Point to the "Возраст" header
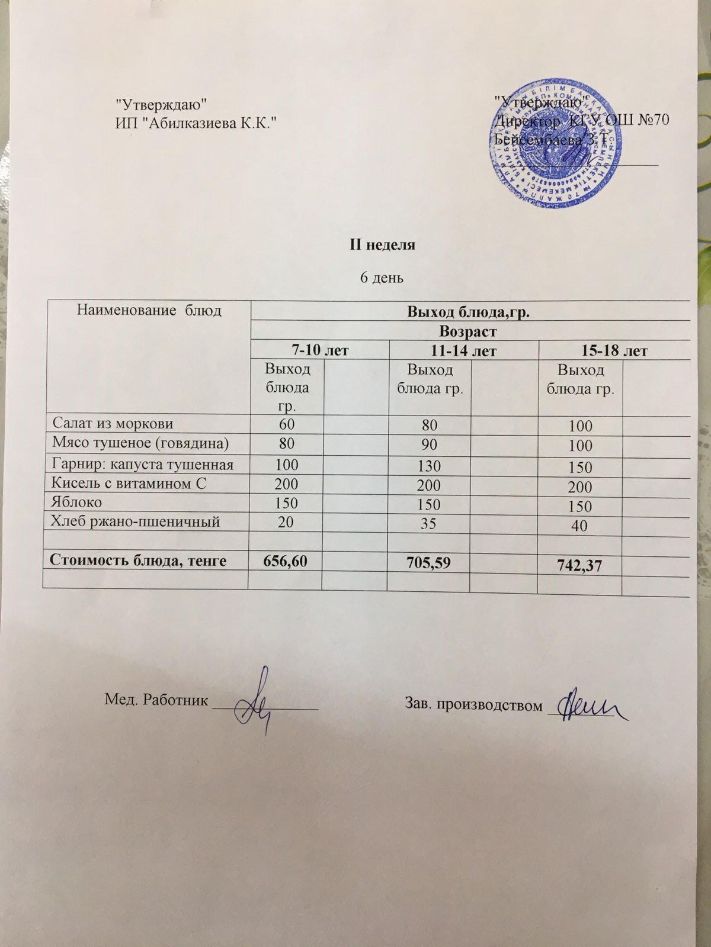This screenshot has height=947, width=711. [468, 330]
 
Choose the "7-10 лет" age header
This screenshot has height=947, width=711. [320, 350]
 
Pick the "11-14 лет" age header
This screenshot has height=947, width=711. [463, 351]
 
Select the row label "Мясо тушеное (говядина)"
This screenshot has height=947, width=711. [141, 443]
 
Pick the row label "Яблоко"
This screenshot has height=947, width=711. [77, 503]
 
